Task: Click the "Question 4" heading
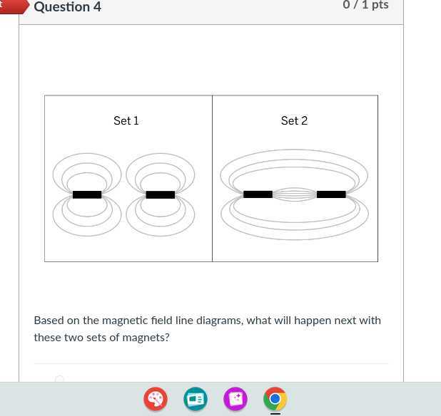coord(68,7)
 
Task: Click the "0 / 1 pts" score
coord(365,5)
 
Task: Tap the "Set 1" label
coord(126,121)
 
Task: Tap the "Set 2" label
coord(294,121)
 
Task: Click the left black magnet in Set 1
coord(87,194)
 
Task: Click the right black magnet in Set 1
coord(160,194)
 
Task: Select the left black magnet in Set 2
coord(258,194)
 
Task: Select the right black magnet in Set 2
coord(331,194)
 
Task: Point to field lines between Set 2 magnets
coord(294,194)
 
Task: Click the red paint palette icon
coord(156,399)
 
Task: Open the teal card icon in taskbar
coord(195,399)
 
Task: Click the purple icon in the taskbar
coord(235,399)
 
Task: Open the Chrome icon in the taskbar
coord(275,399)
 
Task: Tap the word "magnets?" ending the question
coord(146,338)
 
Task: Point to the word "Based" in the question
coord(49,321)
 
